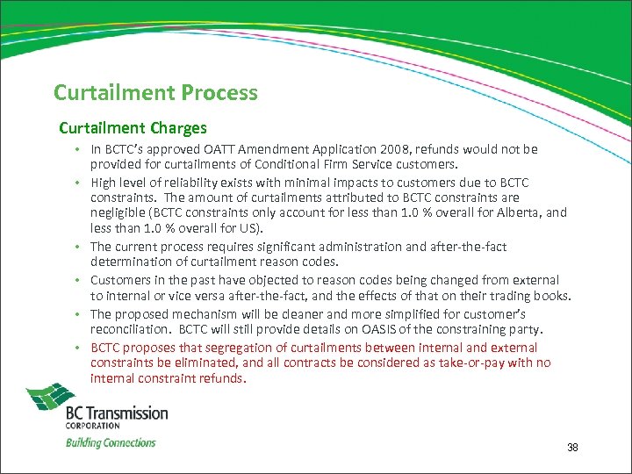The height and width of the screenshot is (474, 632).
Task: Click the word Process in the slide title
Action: click(x=217, y=92)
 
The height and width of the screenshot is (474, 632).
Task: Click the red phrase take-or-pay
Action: click(x=490, y=363)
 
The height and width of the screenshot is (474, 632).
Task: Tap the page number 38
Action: click(x=572, y=449)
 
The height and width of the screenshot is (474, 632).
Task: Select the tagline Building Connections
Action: click(x=111, y=442)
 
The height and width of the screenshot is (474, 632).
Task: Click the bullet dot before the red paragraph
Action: click(x=78, y=346)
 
